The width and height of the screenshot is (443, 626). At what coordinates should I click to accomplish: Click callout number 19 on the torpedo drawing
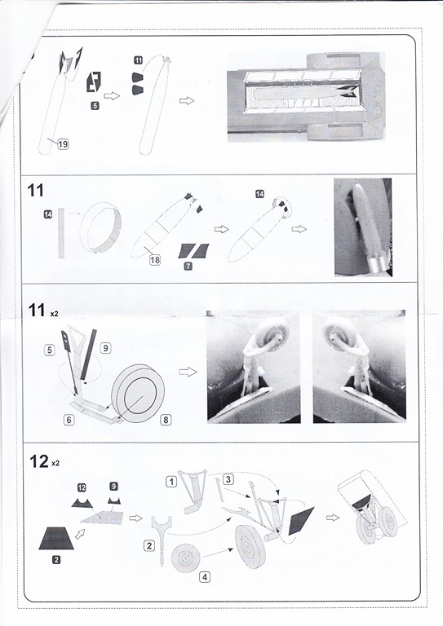point(63,144)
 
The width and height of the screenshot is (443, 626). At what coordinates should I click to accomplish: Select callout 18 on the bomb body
point(154,260)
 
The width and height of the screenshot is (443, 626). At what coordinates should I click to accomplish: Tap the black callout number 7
point(188,266)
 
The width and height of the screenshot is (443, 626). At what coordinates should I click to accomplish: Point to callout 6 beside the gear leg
point(69,420)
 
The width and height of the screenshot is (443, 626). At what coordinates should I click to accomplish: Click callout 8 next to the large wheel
point(166,420)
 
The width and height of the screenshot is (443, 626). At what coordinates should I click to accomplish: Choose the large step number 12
point(38,461)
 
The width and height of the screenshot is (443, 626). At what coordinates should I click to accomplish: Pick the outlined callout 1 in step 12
point(171,482)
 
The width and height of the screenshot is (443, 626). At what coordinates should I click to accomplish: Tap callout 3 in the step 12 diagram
point(228,479)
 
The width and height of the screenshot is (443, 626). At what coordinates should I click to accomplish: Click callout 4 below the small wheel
point(205,577)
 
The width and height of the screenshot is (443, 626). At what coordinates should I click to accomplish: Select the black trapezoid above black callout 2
point(56,538)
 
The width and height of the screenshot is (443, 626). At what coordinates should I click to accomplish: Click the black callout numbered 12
point(82,487)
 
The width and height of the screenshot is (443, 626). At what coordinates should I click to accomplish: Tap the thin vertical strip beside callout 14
point(61,233)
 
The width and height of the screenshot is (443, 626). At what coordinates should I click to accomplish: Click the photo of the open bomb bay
point(306,97)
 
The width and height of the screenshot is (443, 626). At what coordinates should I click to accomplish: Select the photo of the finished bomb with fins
point(363,227)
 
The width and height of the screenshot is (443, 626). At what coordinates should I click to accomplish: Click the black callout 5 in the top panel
point(95,106)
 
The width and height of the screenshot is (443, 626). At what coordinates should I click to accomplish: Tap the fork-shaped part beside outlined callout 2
point(162,539)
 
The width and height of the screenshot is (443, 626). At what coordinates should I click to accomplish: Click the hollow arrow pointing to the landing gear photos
point(188,372)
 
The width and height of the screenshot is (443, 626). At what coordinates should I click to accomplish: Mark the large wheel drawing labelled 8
point(138,393)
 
